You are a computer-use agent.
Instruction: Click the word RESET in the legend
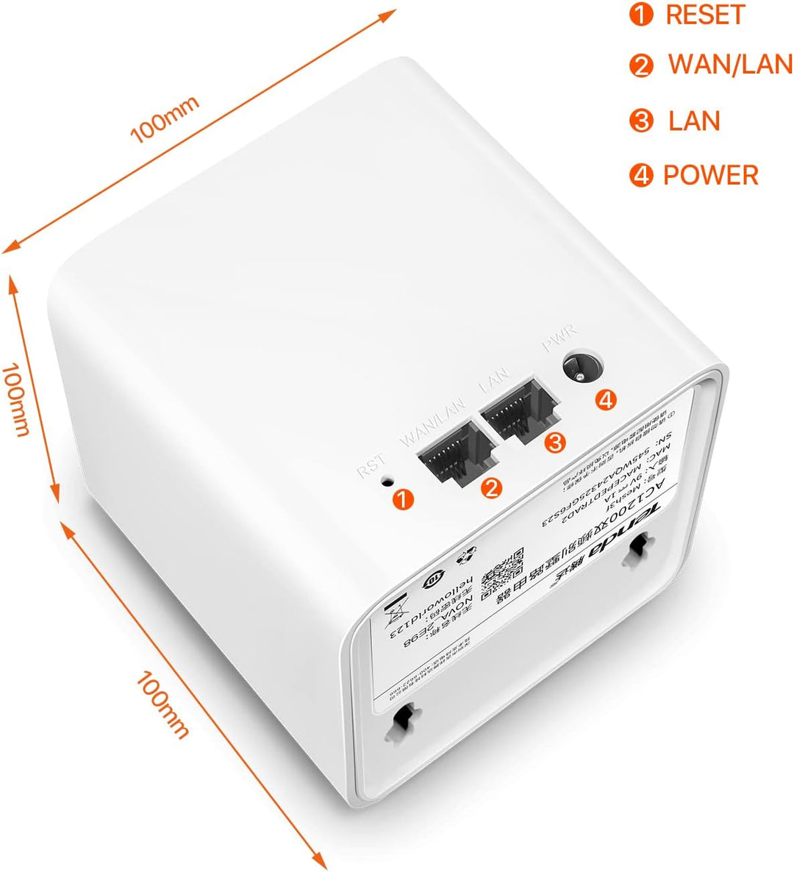point(705,15)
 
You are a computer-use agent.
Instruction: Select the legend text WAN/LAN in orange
point(730,65)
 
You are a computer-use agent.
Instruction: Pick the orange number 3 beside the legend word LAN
point(642,121)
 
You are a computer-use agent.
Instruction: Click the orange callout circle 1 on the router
point(403,499)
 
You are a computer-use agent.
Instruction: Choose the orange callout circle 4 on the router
point(605,399)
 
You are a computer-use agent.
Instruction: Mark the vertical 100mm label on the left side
point(16,398)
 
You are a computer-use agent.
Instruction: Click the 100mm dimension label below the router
point(162,704)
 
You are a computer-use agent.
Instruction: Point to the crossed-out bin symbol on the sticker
point(398,610)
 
